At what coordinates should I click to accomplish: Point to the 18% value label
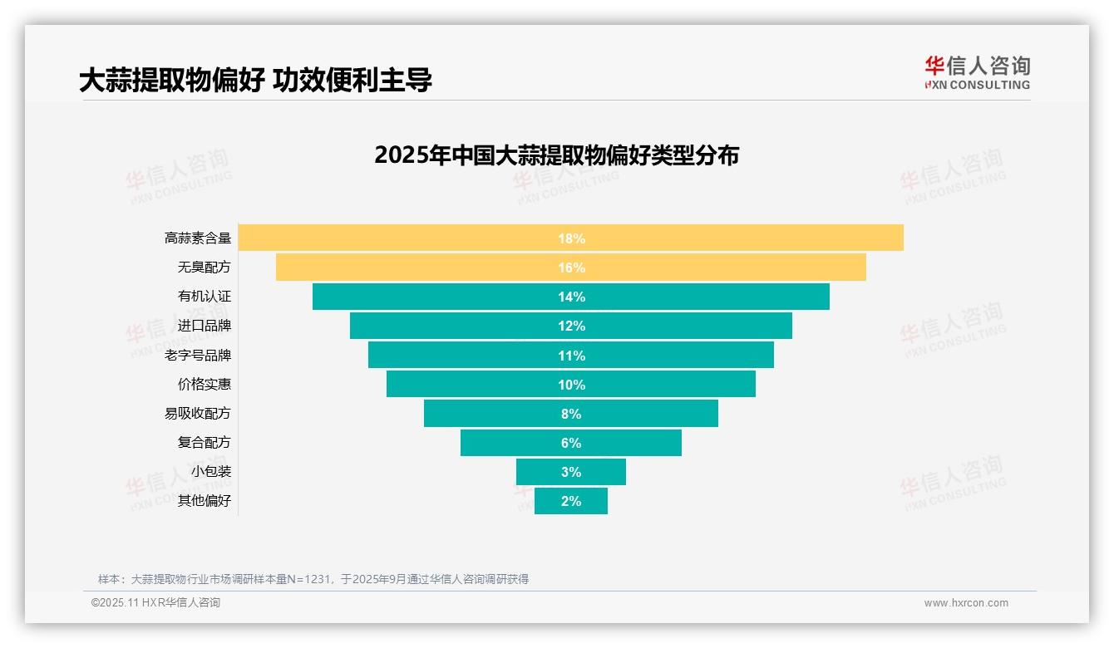click(571, 238)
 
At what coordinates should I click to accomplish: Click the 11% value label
click(571, 356)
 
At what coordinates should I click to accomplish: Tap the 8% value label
click(571, 414)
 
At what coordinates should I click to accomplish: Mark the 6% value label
click(571, 443)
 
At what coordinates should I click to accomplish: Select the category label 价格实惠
click(205, 385)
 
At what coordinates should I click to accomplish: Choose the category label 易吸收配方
click(198, 414)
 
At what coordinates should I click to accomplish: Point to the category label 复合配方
click(205, 443)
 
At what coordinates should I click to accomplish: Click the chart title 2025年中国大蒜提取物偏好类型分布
click(556, 155)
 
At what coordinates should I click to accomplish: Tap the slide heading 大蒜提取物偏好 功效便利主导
click(255, 80)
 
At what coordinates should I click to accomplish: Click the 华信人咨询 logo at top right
click(977, 72)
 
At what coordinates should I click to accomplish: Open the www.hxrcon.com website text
click(966, 603)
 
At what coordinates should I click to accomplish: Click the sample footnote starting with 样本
click(313, 579)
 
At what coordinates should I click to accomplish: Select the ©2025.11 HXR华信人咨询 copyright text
click(155, 603)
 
